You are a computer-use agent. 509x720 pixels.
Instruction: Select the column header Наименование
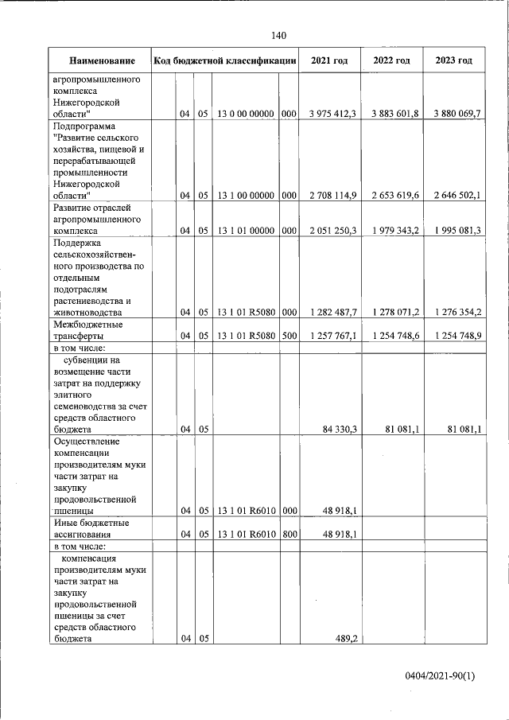click(101, 61)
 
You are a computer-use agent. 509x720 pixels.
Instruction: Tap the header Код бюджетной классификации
click(225, 61)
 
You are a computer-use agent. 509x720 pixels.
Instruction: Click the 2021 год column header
click(329, 61)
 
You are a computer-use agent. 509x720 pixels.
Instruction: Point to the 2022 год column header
click(391, 61)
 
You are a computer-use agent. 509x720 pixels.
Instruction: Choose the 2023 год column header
click(453, 61)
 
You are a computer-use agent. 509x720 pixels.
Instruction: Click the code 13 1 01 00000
click(245, 231)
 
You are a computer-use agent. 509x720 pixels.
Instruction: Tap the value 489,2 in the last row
click(344, 638)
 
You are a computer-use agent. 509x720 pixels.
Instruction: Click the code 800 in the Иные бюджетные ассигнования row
click(289, 534)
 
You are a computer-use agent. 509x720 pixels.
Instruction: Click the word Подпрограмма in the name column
click(84, 126)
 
